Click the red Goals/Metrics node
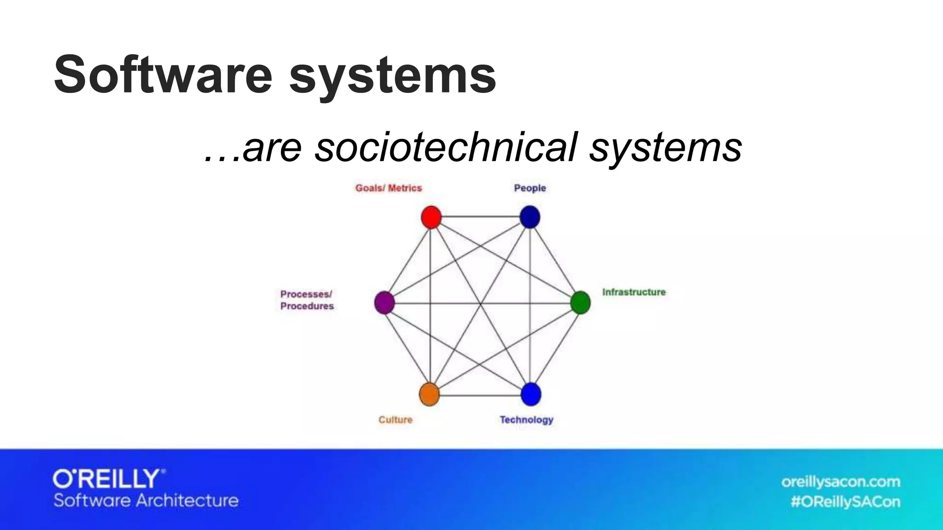coord(431,217)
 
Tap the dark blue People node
coord(530,217)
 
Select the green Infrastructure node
coord(580,303)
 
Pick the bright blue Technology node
coord(530,395)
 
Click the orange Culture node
coord(429,395)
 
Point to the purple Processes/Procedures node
coord(384,303)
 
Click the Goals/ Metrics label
coord(388,188)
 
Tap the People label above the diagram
coord(530,188)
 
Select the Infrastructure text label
coord(634,292)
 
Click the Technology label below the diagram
coord(526,420)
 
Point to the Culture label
coord(395,420)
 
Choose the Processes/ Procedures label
coord(307,300)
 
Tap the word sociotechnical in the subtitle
coord(445,147)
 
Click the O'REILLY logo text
coord(109,479)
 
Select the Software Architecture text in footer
coord(146,501)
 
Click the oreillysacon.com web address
coord(840,482)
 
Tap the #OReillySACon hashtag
coord(845,501)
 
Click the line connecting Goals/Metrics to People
coord(480,217)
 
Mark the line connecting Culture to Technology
coord(480,395)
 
